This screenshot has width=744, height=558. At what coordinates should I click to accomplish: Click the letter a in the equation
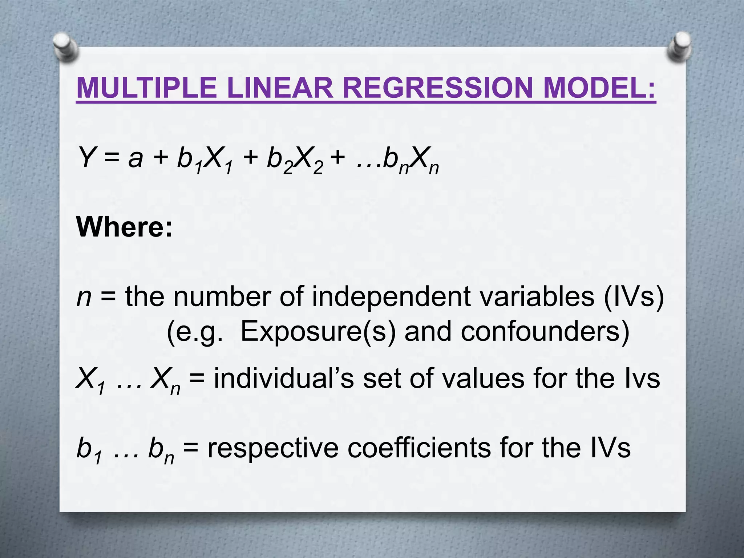pyautogui.click(x=136, y=160)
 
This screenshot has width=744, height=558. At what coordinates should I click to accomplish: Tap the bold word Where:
pyautogui.click(x=125, y=227)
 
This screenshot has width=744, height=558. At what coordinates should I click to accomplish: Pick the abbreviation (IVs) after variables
pyautogui.click(x=633, y=297)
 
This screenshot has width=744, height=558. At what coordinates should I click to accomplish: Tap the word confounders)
pyautogui.click(x=545, y=332)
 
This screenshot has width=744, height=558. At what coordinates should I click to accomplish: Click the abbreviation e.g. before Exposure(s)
pyautogui.click(x=194, y=332)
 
